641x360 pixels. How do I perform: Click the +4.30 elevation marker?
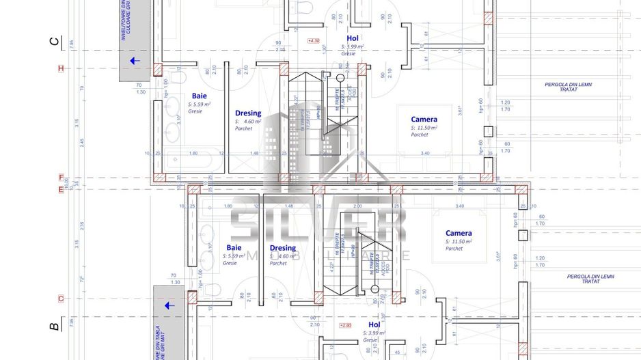click(314, 41)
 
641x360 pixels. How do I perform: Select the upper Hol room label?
click(353, 38)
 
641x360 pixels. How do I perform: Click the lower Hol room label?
click(374, 324)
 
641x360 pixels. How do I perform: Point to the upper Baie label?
click(199, 96)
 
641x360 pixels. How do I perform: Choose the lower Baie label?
click(234, 247)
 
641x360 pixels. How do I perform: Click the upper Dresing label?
click(248, 113)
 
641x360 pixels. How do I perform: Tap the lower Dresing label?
click(283, 248)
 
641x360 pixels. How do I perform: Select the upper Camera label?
click(424, 119)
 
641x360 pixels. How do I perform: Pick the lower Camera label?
click(459, 233)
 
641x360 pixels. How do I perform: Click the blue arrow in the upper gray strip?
click(135, 61)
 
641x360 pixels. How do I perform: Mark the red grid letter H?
click(61, 68)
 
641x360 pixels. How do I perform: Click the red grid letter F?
click(61, 178)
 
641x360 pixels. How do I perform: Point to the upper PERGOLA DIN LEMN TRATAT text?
click(568, 87)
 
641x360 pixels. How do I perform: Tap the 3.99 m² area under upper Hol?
click(353, 46)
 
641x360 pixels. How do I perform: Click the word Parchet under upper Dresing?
click(244, 128)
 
